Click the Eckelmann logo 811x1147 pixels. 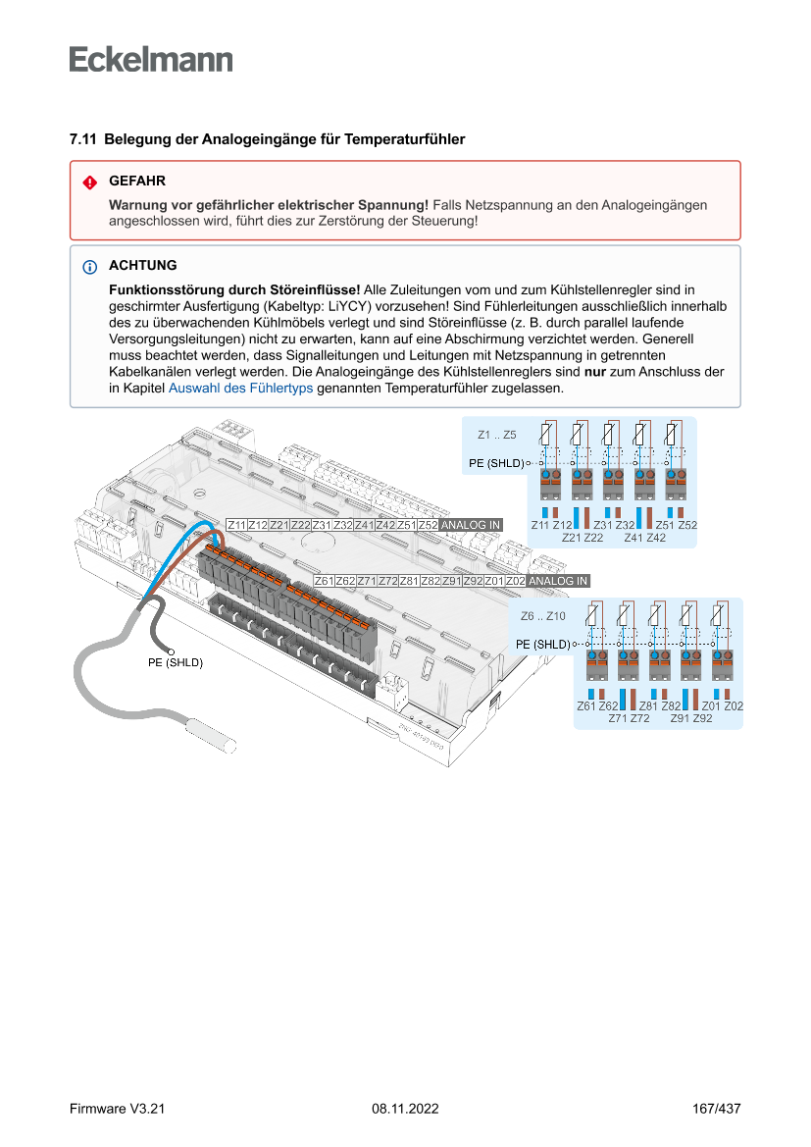tap(151, 60)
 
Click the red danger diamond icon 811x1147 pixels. tap(89, 182)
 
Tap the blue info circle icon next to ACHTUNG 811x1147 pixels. tap(89, 267)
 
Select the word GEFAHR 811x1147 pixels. tap(137, 182)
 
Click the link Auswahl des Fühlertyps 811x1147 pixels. tap(240, 388)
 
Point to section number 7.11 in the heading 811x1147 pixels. tap(82, 140)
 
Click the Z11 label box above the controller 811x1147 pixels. tap(236, 526)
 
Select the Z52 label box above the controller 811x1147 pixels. tap(428, 526)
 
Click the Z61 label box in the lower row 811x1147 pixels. tap(324, 581)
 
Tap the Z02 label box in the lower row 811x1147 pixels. tap(515, 581)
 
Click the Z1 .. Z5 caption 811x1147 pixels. tap(497, 434)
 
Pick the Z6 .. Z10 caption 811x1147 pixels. tap(543, 616)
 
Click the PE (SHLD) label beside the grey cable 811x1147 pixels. tap(175, 663)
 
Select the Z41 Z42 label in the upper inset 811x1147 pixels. tap(644, 538)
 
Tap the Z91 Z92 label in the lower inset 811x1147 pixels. tap(690, 719)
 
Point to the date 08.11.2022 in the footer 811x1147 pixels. tap(405, 1109)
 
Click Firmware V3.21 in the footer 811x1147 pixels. tap(117, 1109)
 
